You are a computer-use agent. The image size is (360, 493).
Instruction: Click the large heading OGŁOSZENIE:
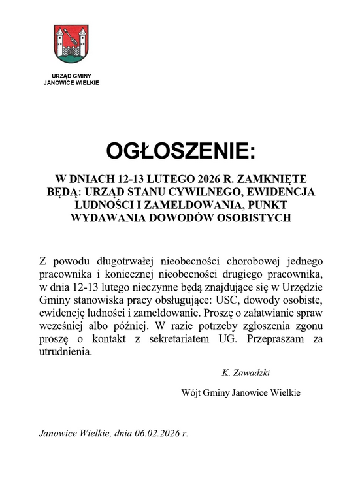pyautogui.click(x=179, y=151)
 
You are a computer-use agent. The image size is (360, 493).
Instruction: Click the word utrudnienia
pyautogui.click(x=66, y=353)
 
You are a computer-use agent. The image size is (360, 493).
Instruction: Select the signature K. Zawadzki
pyautogui.click(x=246, y=373)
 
